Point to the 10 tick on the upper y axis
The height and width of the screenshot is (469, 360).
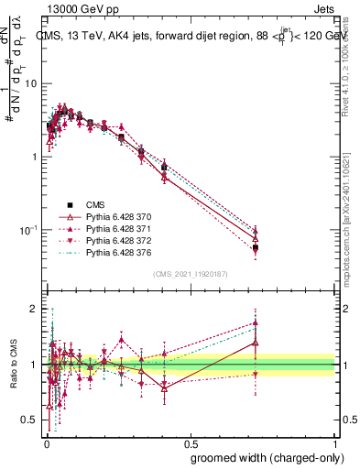[32, 83]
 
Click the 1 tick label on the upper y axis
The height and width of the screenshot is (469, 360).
[36, 157]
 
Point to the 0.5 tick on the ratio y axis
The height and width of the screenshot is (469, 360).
[30, 420]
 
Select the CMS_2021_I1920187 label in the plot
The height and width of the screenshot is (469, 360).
[191, 274]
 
